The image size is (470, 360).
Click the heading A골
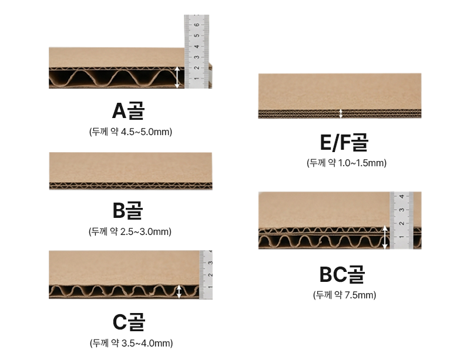[128, 110]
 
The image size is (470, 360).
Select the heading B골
[127, 210]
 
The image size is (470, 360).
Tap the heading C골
[129, 322]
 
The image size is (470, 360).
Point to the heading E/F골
[344, 142]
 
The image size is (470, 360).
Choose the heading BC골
[342, 274]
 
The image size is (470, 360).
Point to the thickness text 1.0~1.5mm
[361, 163]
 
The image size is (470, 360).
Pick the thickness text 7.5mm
[359, 295]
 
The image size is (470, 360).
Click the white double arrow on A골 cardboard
[177, 78]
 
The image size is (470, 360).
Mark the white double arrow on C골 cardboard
[179, 291]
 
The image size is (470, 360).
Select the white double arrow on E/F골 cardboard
[341, 113]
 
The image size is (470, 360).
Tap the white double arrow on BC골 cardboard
[385, 237]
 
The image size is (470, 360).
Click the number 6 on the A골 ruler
[197, 25]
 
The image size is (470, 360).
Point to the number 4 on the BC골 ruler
[402, 196]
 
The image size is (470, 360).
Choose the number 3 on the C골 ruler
[210, 263]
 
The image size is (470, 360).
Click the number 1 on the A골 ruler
[197, 79]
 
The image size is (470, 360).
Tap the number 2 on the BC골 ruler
[402, 223]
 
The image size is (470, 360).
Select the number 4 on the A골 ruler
[197, 46]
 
